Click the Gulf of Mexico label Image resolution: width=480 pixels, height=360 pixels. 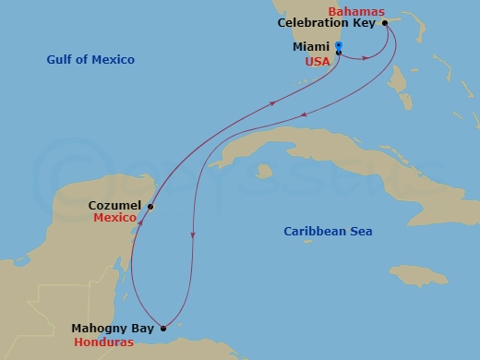pos(90,60)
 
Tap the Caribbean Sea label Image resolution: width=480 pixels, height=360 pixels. pos(328,232)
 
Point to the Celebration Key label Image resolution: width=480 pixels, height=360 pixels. pos(326,23)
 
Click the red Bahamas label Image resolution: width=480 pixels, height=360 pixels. pos(356,10)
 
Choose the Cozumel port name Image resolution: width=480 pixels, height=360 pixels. pos(114,206)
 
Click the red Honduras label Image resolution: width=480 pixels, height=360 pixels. pos(103,342)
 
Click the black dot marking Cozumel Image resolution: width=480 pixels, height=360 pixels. pos(150,207)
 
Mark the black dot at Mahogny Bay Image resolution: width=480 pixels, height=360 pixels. pos(163,328)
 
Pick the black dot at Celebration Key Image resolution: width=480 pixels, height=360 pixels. pos(385,24)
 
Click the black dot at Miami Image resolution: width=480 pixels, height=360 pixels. pos(340,53)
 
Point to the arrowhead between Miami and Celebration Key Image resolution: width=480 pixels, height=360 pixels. pos(366,58)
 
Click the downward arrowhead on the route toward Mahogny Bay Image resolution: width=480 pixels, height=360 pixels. pos(192,236)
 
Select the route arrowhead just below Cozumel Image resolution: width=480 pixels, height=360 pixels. pos(139,222)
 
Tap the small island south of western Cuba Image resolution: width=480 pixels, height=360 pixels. pos(264,170)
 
